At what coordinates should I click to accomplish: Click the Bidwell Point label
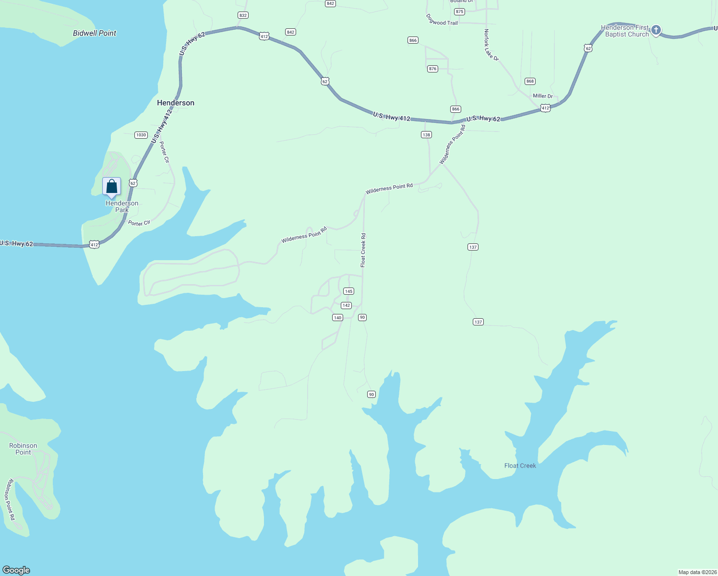(95, 33)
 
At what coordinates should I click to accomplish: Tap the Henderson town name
(176, 103)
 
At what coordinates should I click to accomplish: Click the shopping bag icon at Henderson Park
(111, 187)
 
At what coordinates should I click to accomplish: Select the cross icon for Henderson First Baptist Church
(656, 30)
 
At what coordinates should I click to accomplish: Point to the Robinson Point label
(23, 449)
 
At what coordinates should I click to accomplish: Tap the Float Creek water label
(520, 466)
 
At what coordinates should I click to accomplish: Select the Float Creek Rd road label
(363, 250)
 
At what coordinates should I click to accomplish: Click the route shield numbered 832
(243, 15)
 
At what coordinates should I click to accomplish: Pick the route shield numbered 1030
(141, 135)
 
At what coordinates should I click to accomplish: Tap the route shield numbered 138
(426, 135)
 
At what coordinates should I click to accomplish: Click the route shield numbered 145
(348, 291)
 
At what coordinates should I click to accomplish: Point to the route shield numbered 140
(337, 318)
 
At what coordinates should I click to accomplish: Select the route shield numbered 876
(432, 69)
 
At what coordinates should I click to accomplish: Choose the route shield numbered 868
(530, 81)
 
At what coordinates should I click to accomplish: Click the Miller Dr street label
(543, 96)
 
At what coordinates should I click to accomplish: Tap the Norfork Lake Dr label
(491, 45)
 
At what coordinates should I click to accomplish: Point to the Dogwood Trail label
(442, 20)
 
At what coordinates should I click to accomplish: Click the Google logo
(16, 570)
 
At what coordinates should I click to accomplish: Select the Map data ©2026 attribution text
(697, 572)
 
